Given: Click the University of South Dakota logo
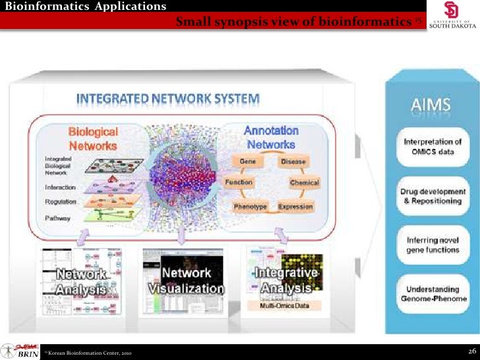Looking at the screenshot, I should [x=451, y=15].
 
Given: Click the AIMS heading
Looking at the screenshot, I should [x=432, y=104].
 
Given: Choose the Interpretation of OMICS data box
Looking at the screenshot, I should [x=432, y=146].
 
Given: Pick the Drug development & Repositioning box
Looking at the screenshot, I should [x=431, y=196].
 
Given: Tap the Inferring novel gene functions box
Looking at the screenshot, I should [x=432, y=245].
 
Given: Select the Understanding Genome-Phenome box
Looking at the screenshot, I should [x=431, y=294].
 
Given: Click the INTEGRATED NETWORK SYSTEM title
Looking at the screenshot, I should [x=169, y=99].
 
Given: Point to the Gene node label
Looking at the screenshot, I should [x=247, y=162].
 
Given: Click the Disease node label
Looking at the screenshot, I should [x=292, y=162].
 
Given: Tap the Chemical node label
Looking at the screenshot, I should [x=304, y=183].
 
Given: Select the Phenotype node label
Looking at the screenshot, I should [x=251, y=206].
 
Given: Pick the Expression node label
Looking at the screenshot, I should [x=295, y=206].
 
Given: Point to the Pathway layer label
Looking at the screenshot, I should [x=58, y=217].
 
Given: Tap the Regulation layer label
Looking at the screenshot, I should [x=61, y=202].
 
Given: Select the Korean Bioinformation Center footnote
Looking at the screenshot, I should [x=88, y=354].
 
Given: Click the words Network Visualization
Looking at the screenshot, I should [x=186, y=281].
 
